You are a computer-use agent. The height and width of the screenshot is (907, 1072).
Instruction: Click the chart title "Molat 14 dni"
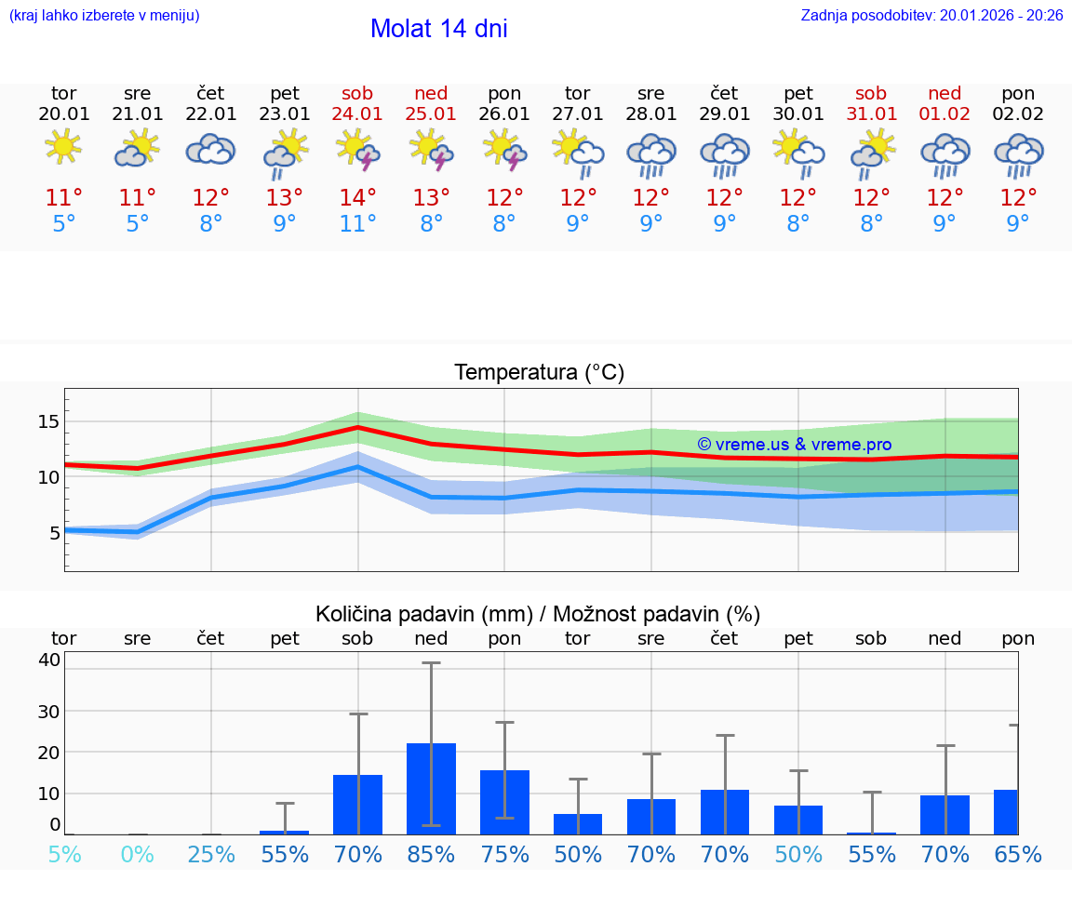click(x=438, y=29)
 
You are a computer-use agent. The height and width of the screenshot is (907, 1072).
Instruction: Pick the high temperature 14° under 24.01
click(x=357, y=197)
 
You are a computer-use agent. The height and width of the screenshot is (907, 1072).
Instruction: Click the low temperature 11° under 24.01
click(x=357, y=223)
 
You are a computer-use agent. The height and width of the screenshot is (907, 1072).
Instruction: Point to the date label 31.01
click(x=872, y=114)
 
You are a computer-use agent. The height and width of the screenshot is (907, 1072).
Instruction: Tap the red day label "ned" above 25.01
click(x=431, y=94)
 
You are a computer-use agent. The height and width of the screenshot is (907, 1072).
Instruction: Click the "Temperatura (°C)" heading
click(x=539, y=373)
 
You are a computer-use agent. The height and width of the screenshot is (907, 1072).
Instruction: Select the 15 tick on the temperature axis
click(x=48, y=421)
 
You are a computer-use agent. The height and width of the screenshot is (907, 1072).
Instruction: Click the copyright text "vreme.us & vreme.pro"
click(x=795, y=445)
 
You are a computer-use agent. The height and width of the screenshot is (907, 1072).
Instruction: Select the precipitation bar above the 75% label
click(x=504, y=802)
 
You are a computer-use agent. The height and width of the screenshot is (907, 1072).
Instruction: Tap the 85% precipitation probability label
click(x=431, y=854)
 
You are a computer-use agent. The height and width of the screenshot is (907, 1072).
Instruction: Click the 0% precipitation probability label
click(x=137, y=854)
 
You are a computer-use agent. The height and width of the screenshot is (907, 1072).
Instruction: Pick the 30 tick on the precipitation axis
click(x=48, y=712)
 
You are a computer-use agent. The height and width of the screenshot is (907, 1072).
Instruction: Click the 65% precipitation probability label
click(x=1018, y=854)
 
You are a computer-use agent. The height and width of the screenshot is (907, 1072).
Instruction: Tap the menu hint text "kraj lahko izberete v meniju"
click(x=103, y=16)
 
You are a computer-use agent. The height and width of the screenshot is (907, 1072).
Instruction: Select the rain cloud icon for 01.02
click(x=945, y=153)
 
